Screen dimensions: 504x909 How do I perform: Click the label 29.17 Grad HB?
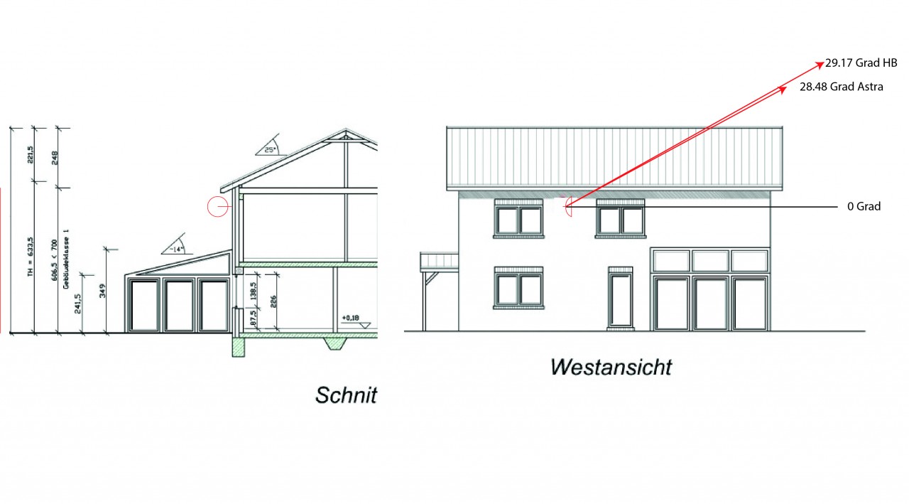[x=861, y=63]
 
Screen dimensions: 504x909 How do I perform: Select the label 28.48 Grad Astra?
[x=841, y=87]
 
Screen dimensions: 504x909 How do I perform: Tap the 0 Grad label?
[x=863, y=207]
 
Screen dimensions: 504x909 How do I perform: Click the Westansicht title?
[x=611, y=367]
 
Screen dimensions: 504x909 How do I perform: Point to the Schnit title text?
[x=346, y=395]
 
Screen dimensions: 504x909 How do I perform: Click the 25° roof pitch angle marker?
[x=269, y=149]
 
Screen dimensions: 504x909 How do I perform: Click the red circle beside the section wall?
[x=217, y=207]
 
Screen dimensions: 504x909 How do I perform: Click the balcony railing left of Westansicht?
[x=439, y=262]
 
